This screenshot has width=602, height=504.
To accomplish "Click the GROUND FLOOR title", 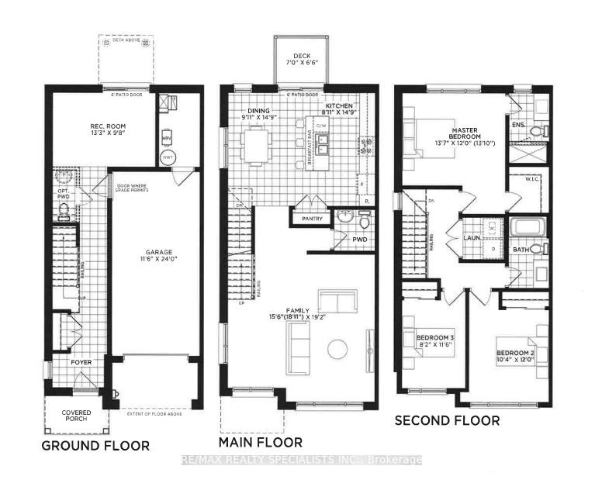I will pos(95,446).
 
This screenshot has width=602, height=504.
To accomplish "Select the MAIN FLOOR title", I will pos(261,443).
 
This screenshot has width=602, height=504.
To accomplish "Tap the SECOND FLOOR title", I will pos(447,420).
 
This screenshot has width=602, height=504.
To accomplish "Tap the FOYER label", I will pos(81,361).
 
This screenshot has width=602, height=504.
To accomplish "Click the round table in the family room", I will pos(337,349).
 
